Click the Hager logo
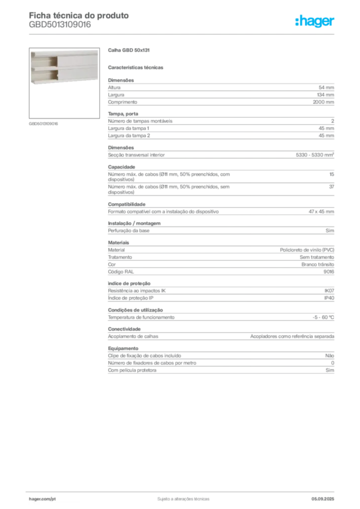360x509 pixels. click(315, 21)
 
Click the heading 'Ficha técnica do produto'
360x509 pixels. click(79, 15)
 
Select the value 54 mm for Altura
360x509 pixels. click(326, 87)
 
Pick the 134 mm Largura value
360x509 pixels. click(325, 95)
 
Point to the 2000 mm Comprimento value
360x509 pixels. click(323, 102)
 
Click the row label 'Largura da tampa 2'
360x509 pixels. click(129, 136)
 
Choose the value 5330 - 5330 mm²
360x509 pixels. click(315, 155)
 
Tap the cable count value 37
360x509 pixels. click(332, 187)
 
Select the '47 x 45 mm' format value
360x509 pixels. click(321, 212)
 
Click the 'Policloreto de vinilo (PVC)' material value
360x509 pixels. click(307, 250)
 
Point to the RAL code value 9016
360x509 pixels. click(329, 272)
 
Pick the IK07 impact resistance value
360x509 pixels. click(329, 291)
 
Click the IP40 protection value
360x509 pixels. click(329, 298)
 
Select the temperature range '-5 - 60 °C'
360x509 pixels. click(323, 318)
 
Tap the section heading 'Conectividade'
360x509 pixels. click(124, 329)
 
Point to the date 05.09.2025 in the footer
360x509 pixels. click(323, 499)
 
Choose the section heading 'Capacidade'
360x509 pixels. click(121, 167)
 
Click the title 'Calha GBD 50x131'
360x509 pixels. click(129, 50)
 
